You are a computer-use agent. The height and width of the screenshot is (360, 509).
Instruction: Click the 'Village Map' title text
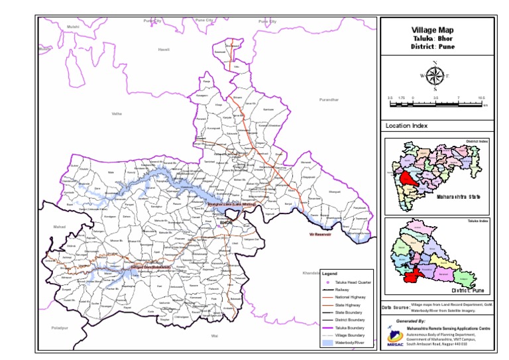(432, 29)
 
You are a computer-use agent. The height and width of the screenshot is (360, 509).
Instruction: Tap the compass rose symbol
(434, 76)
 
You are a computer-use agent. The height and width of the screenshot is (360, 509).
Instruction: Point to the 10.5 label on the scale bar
(482, 97)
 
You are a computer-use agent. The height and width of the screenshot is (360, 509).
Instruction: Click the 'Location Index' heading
(406, 125)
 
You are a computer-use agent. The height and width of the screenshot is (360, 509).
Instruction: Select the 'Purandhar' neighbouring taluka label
(329, 99)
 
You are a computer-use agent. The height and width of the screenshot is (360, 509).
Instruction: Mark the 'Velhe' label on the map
(117, 114)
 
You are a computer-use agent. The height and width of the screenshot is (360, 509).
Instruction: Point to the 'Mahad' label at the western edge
(60, 227)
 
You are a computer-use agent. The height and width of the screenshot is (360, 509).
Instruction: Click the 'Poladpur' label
(60, 328)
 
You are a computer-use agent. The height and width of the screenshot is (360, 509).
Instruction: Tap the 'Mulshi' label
(73, 26)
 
